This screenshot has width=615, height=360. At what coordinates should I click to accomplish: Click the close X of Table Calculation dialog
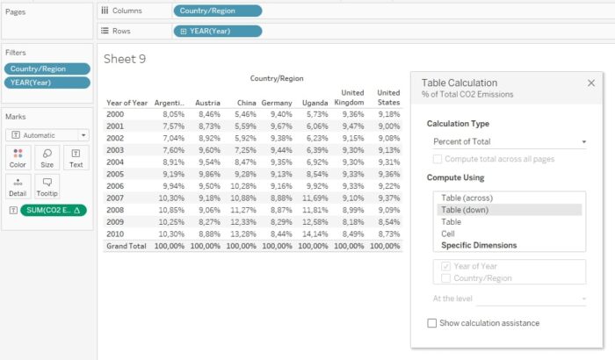coord(591,83)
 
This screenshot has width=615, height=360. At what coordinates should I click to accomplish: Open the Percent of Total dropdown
coord(510,141)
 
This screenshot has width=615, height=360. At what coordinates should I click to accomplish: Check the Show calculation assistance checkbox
coord(431,323)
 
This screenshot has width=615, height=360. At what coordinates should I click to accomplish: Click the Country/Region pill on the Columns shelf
coord(217,11)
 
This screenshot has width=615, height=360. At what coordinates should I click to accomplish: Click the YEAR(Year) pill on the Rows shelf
coord(217,31)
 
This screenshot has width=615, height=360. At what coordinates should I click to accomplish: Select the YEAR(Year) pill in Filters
coord(47,83)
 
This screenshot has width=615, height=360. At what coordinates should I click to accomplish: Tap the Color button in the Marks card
coord(18,157)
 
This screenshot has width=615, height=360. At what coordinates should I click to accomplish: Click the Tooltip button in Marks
coord(47,186)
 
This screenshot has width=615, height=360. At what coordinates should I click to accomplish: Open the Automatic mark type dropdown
coord(47,135)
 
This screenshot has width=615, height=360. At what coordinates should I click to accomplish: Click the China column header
coord(247,103)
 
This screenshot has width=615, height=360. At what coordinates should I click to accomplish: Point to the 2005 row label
coord(115,175)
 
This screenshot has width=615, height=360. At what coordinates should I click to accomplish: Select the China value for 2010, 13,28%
coord(243,234)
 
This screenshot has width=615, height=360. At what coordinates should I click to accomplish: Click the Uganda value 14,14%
coord(315,234)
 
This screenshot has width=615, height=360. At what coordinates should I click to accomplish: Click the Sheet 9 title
coord(125,59)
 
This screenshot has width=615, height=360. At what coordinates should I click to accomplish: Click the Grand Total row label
coord(127,246)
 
